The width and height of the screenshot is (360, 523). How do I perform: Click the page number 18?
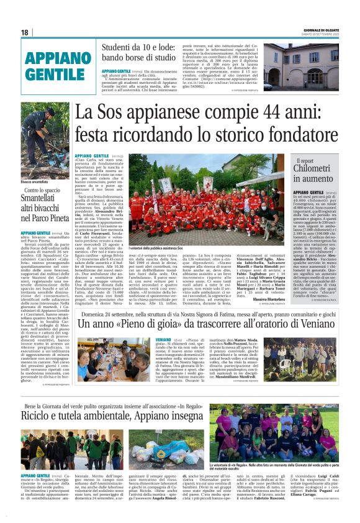tap(25, 32)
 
